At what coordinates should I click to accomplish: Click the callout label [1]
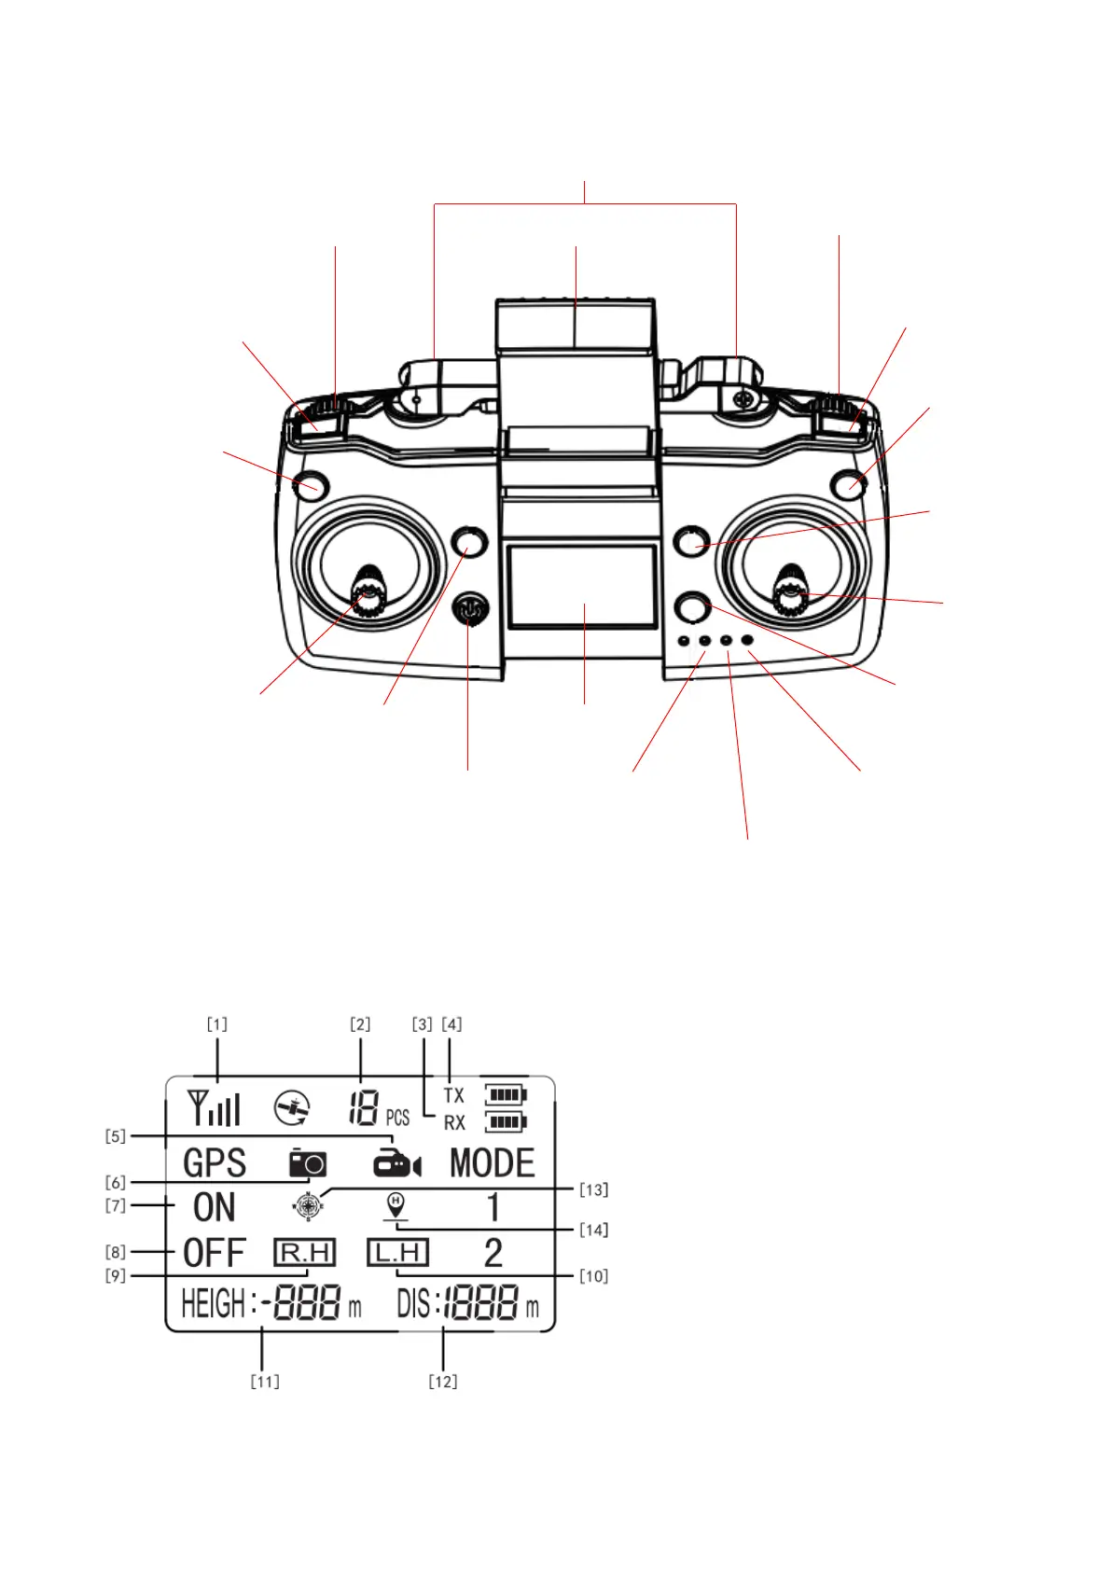216,1024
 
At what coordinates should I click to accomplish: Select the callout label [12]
443,1381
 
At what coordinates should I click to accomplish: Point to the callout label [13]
593,1189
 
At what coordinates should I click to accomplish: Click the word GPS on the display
215,1163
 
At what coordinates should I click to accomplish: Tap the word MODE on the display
492,1163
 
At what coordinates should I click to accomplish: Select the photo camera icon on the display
307,1163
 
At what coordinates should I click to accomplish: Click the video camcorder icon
396,1163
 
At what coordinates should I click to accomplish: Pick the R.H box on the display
304,1252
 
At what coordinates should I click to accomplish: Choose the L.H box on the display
397,1252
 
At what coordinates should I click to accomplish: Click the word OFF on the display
214,1253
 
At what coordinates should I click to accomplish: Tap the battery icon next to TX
505,1093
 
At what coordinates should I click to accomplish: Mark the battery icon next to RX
505,1121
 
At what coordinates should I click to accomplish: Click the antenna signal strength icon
214,1107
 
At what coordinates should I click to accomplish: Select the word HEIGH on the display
213,1303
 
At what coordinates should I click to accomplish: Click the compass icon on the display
308,1206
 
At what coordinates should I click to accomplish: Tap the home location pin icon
396,1206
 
